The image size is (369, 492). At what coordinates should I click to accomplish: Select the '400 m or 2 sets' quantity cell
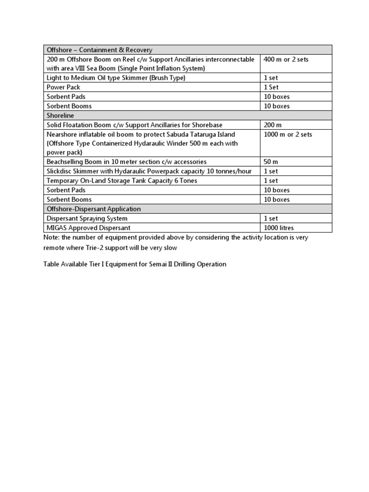286,60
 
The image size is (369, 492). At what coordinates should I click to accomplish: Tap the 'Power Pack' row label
63,87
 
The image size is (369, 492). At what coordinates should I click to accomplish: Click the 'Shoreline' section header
60,116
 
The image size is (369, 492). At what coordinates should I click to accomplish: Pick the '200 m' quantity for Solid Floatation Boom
273,125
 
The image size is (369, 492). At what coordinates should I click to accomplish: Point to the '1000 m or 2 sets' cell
288,135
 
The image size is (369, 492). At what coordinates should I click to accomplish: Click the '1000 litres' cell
279,228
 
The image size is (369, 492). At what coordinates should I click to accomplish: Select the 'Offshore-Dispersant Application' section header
94,209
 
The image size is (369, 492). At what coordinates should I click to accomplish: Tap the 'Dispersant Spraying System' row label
87,219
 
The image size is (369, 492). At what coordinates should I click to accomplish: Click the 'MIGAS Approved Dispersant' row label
88,228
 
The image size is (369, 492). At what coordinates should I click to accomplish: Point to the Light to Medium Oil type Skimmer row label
116,78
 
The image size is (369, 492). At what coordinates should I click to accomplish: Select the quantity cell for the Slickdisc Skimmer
271,171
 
